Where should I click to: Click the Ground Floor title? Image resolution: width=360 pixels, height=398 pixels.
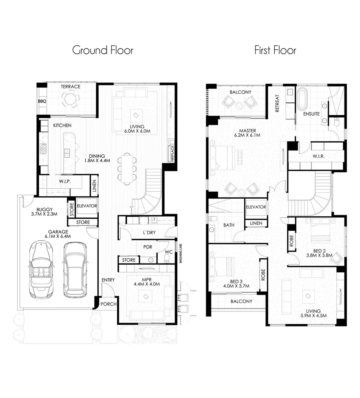coord(102,50)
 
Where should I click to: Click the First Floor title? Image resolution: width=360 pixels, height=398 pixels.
coord(275,50)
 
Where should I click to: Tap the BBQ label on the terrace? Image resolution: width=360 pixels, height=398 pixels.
coord(41,101)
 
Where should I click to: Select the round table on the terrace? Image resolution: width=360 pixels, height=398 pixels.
coord(70,99)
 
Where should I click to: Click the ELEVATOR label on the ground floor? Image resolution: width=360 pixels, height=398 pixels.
coord(87,206)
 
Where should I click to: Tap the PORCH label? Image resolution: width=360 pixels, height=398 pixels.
coord(109,304)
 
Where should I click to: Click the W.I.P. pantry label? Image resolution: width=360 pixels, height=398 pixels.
coord(65,182)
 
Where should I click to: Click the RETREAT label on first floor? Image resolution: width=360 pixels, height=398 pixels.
coord(277,104)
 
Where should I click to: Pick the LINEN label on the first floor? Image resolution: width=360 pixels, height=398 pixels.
coord(256,223)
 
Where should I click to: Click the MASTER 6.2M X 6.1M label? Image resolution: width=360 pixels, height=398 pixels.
coord(247,133)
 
